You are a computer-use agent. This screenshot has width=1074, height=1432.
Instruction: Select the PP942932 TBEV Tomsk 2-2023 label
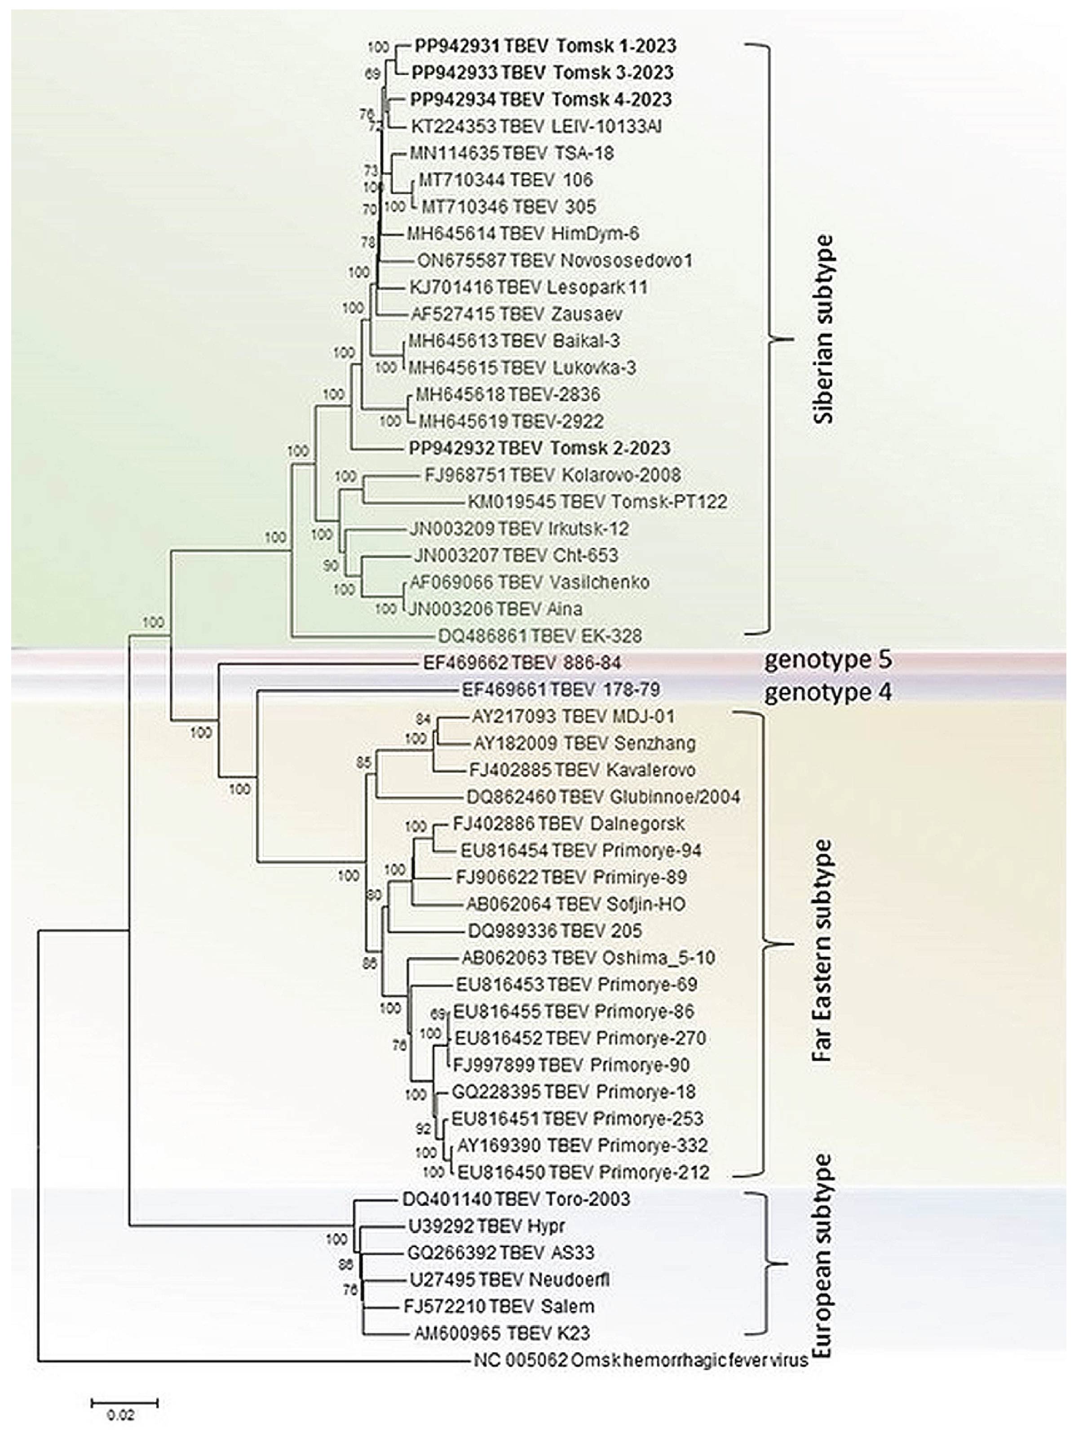[x=539, y=448]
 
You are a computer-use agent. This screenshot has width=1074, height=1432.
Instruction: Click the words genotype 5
[x=828, y=660]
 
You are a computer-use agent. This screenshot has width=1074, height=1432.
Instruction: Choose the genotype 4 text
[x=828, y=693]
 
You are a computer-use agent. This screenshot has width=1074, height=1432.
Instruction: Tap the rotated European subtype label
[x=823, y=1256]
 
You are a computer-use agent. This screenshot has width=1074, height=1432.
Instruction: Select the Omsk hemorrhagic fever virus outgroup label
[x=641, y=1360]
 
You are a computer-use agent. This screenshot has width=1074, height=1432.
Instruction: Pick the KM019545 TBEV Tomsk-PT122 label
[x=597, y=502]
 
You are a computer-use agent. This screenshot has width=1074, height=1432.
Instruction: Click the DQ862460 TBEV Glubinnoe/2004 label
[x=603, y=796]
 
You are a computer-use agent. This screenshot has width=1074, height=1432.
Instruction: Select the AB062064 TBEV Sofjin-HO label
[x=575, y=904]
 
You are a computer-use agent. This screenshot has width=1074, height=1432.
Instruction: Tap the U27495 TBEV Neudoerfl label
[x=509, y=1279]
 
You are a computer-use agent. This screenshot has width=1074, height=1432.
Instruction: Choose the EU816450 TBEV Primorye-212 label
[x=583, y=1172]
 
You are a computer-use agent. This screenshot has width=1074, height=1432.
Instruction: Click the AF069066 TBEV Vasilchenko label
[x=530, y=582]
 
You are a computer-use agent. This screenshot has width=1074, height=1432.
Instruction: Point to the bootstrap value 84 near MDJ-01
[x=423, y=719]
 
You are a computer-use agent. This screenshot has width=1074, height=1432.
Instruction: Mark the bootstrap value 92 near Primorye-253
[x=423, y=1129]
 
